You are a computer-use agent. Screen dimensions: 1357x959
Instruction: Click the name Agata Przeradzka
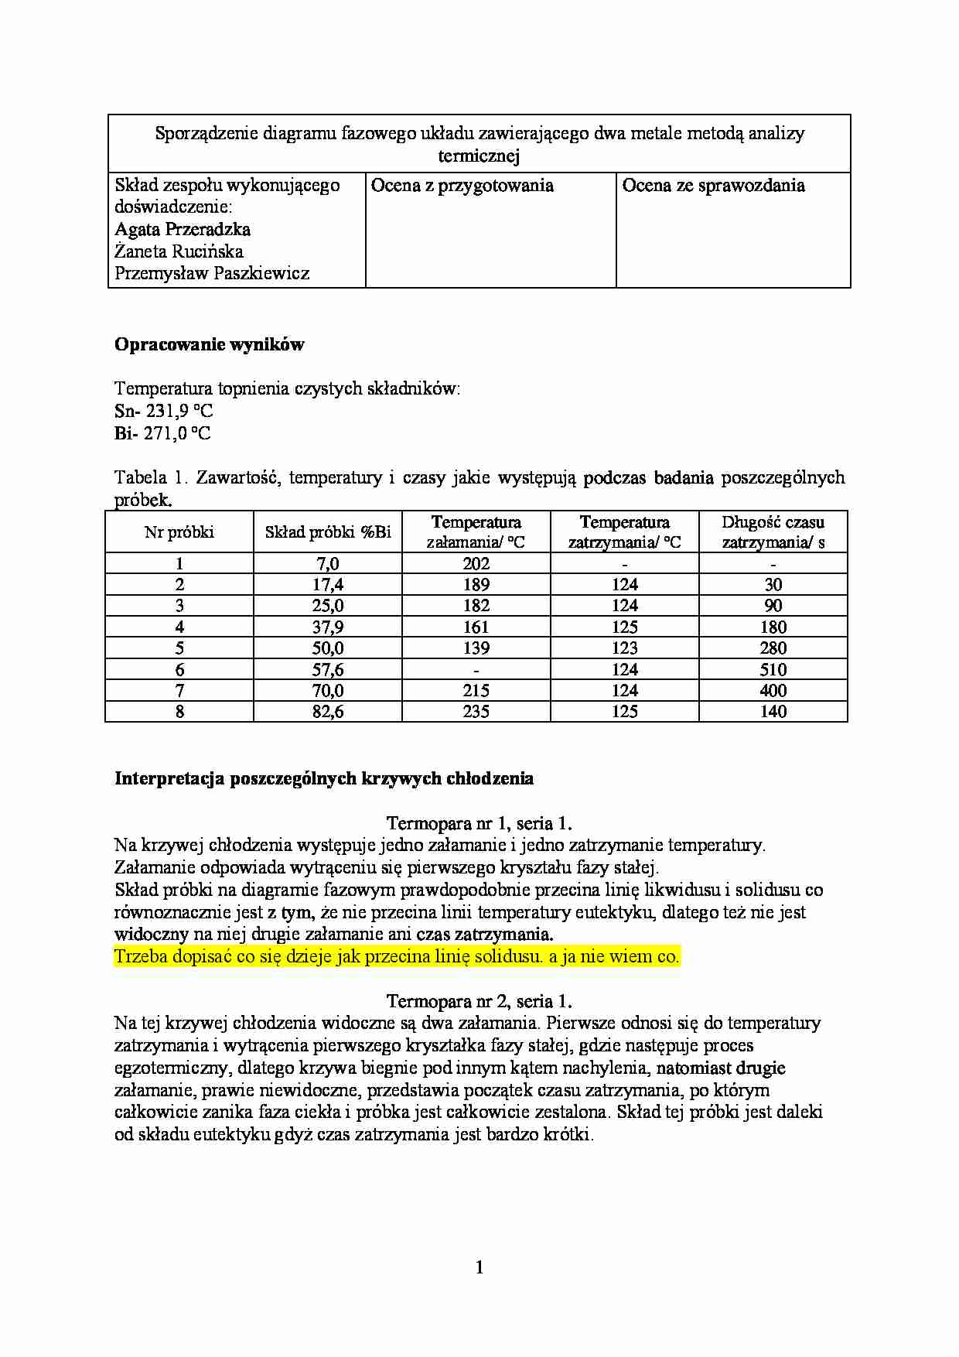[x=183, y=229]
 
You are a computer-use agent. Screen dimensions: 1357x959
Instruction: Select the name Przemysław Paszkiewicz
[x=212, y=273]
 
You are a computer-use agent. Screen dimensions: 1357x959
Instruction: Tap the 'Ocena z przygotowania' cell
[x=462, y=186]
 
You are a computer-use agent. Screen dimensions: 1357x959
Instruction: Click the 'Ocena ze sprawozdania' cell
[x=713, y=186]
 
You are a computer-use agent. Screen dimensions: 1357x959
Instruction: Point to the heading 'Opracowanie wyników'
[x=210, y=345]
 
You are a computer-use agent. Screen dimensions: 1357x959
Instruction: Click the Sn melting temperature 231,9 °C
[x=179, y=411]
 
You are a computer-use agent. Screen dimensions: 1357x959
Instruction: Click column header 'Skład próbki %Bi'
[x=328, y=532]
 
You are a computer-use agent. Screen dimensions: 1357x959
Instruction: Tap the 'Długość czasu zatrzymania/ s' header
[x=773, y=532]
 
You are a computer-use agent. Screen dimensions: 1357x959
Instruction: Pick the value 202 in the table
[x=476, y=563]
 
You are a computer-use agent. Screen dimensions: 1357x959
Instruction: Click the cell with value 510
[x=773, y=669]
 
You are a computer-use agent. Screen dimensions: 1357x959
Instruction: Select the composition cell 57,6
[x=328, y=669]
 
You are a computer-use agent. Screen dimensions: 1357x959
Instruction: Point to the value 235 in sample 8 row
[x=476, y=712]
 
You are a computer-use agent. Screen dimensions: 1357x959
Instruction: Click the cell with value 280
[x=773, y=648]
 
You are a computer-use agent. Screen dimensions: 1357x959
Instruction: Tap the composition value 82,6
[x=328, y=712]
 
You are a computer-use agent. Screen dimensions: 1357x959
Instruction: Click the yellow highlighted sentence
[x=396, y=956]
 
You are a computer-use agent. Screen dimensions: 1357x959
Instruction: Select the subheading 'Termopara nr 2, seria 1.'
[x=479, y=1001]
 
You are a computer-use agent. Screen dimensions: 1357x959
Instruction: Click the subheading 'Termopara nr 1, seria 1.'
[x=479, y=823]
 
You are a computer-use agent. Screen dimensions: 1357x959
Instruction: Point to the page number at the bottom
[x=479, y=1266]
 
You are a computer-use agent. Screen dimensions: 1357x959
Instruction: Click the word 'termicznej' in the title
[x=479, y=156]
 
